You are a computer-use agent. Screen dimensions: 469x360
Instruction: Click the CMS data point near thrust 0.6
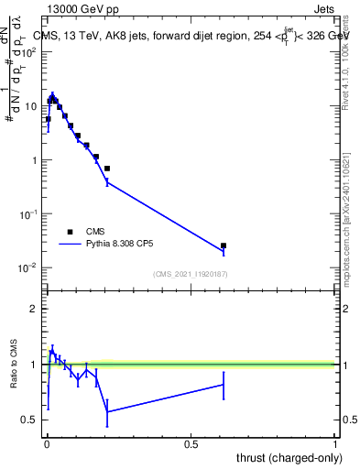click(x=224, y=245)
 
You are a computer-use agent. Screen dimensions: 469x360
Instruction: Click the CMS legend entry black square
click(x=69, y=232)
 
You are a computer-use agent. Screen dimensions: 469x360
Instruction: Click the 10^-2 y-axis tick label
click(x=29, y=267)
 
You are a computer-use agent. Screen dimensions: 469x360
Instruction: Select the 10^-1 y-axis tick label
click(x=29, y=213)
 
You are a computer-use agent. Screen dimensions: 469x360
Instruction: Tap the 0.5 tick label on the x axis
click(x=191, y=443)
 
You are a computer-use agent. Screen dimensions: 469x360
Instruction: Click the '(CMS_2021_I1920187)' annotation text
click(x=190, y=274)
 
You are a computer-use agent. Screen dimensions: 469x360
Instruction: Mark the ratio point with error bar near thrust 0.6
click(x=224, y=385)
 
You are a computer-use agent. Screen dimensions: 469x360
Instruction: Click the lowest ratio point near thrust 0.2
click(x=107, y=412)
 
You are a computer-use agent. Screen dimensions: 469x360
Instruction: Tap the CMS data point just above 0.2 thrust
click(x=107, y=169)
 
